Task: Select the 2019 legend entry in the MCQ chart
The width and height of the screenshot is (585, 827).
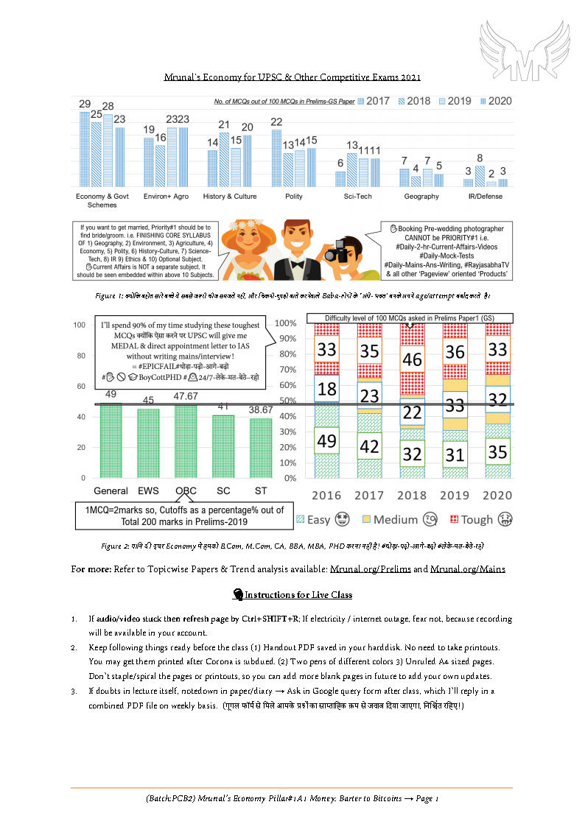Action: coord(455,101)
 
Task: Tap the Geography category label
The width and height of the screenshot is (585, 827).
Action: coord(421,197)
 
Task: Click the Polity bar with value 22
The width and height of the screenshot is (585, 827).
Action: coord(277,157)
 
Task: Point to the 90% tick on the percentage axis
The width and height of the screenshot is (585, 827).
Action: coord(286,339)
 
